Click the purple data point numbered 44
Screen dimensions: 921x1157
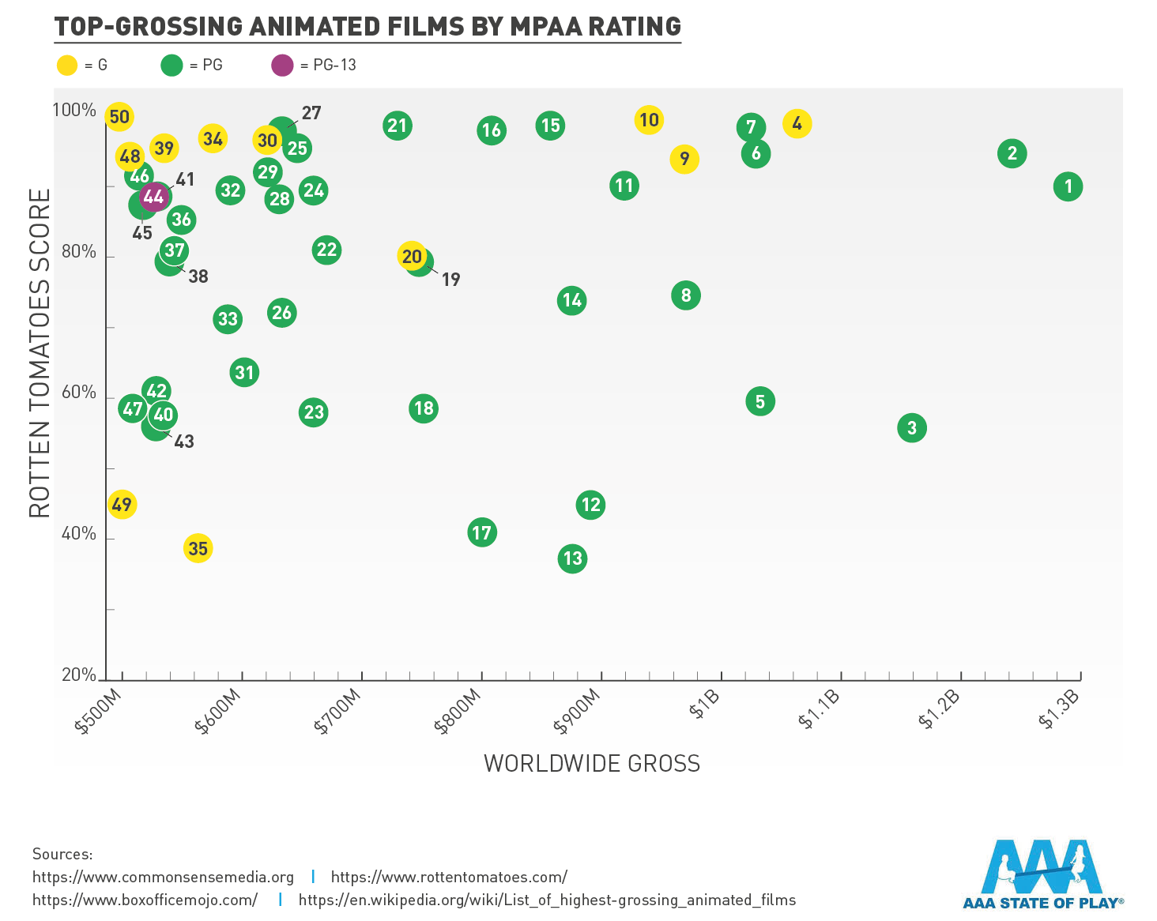pos(153,196)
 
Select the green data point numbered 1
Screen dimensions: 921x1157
pos(1068,186)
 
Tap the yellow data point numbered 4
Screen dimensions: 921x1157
pos(797,123)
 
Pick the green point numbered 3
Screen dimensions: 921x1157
pos(911,428)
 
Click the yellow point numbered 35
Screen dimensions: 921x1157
pos(198,548)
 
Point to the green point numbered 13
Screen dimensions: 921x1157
pos(572,558)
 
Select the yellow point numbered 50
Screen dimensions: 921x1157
pos(119,117)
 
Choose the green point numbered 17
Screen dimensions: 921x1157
pos(481,532)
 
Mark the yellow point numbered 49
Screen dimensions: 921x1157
pos(122,504)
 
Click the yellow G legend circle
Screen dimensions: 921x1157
pos(67,65)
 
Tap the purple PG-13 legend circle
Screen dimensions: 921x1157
pos(282,65)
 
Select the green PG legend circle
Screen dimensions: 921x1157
pos(171,65)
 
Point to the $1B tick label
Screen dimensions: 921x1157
pos(703,704)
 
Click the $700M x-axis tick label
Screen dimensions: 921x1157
pos(338,711)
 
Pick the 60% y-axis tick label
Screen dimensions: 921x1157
pos(78,393)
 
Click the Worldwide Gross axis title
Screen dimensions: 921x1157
pos(592,763)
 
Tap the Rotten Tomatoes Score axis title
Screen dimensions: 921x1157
pos(40,352)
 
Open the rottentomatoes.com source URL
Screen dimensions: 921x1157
pos(449,877)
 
